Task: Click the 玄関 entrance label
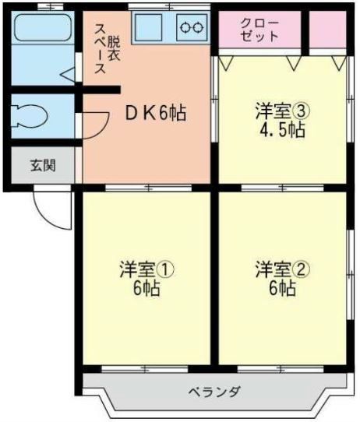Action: [43, 165]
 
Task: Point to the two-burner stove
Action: [191, 28]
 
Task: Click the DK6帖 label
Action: [156, 113]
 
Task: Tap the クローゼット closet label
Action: [259, 30]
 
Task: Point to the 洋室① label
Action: [146, 270]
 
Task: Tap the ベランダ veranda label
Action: [214, 391]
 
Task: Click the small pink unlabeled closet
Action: [327, 30]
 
